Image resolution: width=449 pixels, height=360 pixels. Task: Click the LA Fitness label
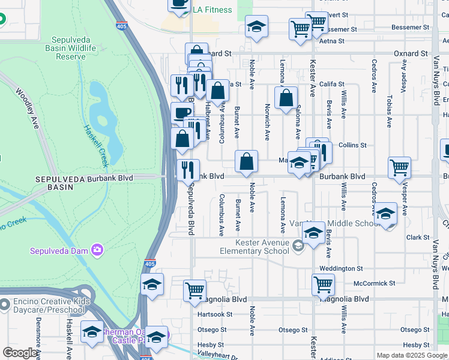pyautogui.click(x=212, y=10)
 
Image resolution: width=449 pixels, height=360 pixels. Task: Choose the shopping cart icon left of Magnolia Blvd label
pyautogui.click(x=194, y=291)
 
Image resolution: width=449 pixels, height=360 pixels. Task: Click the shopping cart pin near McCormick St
pyautogui.click(x=323, y=284)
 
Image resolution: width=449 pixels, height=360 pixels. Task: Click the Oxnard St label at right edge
pyautogui.click(x=411, y=53)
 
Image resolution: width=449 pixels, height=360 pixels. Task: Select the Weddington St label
pyautogui.click(x=342, y=269)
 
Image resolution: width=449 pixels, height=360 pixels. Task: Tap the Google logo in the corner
pyautogui.click(x=20, y=353)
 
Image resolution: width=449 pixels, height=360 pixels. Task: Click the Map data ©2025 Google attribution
pyautogui.click(x=412, y=355)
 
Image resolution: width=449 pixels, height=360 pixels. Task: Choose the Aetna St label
pyautogui.click(x=332, y=41)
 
